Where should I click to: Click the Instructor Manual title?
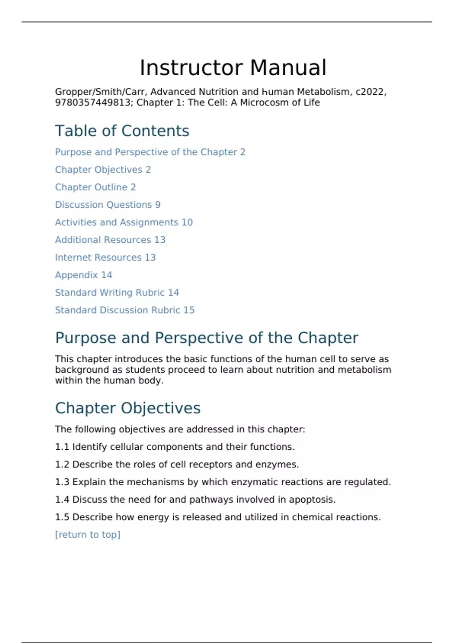[233, 68]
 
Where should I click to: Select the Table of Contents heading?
[122, 131]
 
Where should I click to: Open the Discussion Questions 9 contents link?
[107, 205]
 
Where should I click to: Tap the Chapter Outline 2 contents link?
[95, 187]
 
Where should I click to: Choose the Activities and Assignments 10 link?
[124, 222]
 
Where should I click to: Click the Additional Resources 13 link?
[110, 240]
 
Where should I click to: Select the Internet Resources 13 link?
[105, 257]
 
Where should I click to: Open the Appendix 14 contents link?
[83, 275]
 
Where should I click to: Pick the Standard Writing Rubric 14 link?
[117, 292]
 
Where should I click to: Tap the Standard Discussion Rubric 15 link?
[124, 310]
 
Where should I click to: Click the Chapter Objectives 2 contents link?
[103, 169]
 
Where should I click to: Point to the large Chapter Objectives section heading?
[127, 408]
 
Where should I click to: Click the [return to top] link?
[87, 534]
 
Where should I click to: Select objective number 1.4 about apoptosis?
[195, 500]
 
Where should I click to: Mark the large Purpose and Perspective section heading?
[207, 338]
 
